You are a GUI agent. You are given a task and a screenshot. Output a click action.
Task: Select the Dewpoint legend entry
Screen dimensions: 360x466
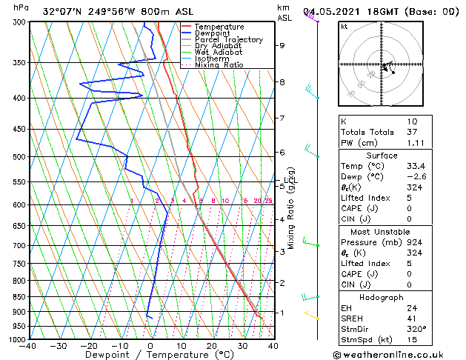coord(213,33)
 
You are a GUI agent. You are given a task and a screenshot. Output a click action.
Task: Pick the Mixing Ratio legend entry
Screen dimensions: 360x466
coord(219,65)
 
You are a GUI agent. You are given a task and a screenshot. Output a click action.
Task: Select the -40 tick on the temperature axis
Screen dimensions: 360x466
coord(28,346)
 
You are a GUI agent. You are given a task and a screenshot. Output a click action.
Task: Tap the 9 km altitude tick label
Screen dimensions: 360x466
coord(282,45)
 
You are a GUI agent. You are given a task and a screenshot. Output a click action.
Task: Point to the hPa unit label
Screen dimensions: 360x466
coord(21,8)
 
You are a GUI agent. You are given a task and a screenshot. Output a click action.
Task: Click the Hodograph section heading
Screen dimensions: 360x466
coord(387,297)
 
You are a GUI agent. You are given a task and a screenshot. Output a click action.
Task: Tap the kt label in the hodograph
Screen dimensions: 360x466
coord(344,27)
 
